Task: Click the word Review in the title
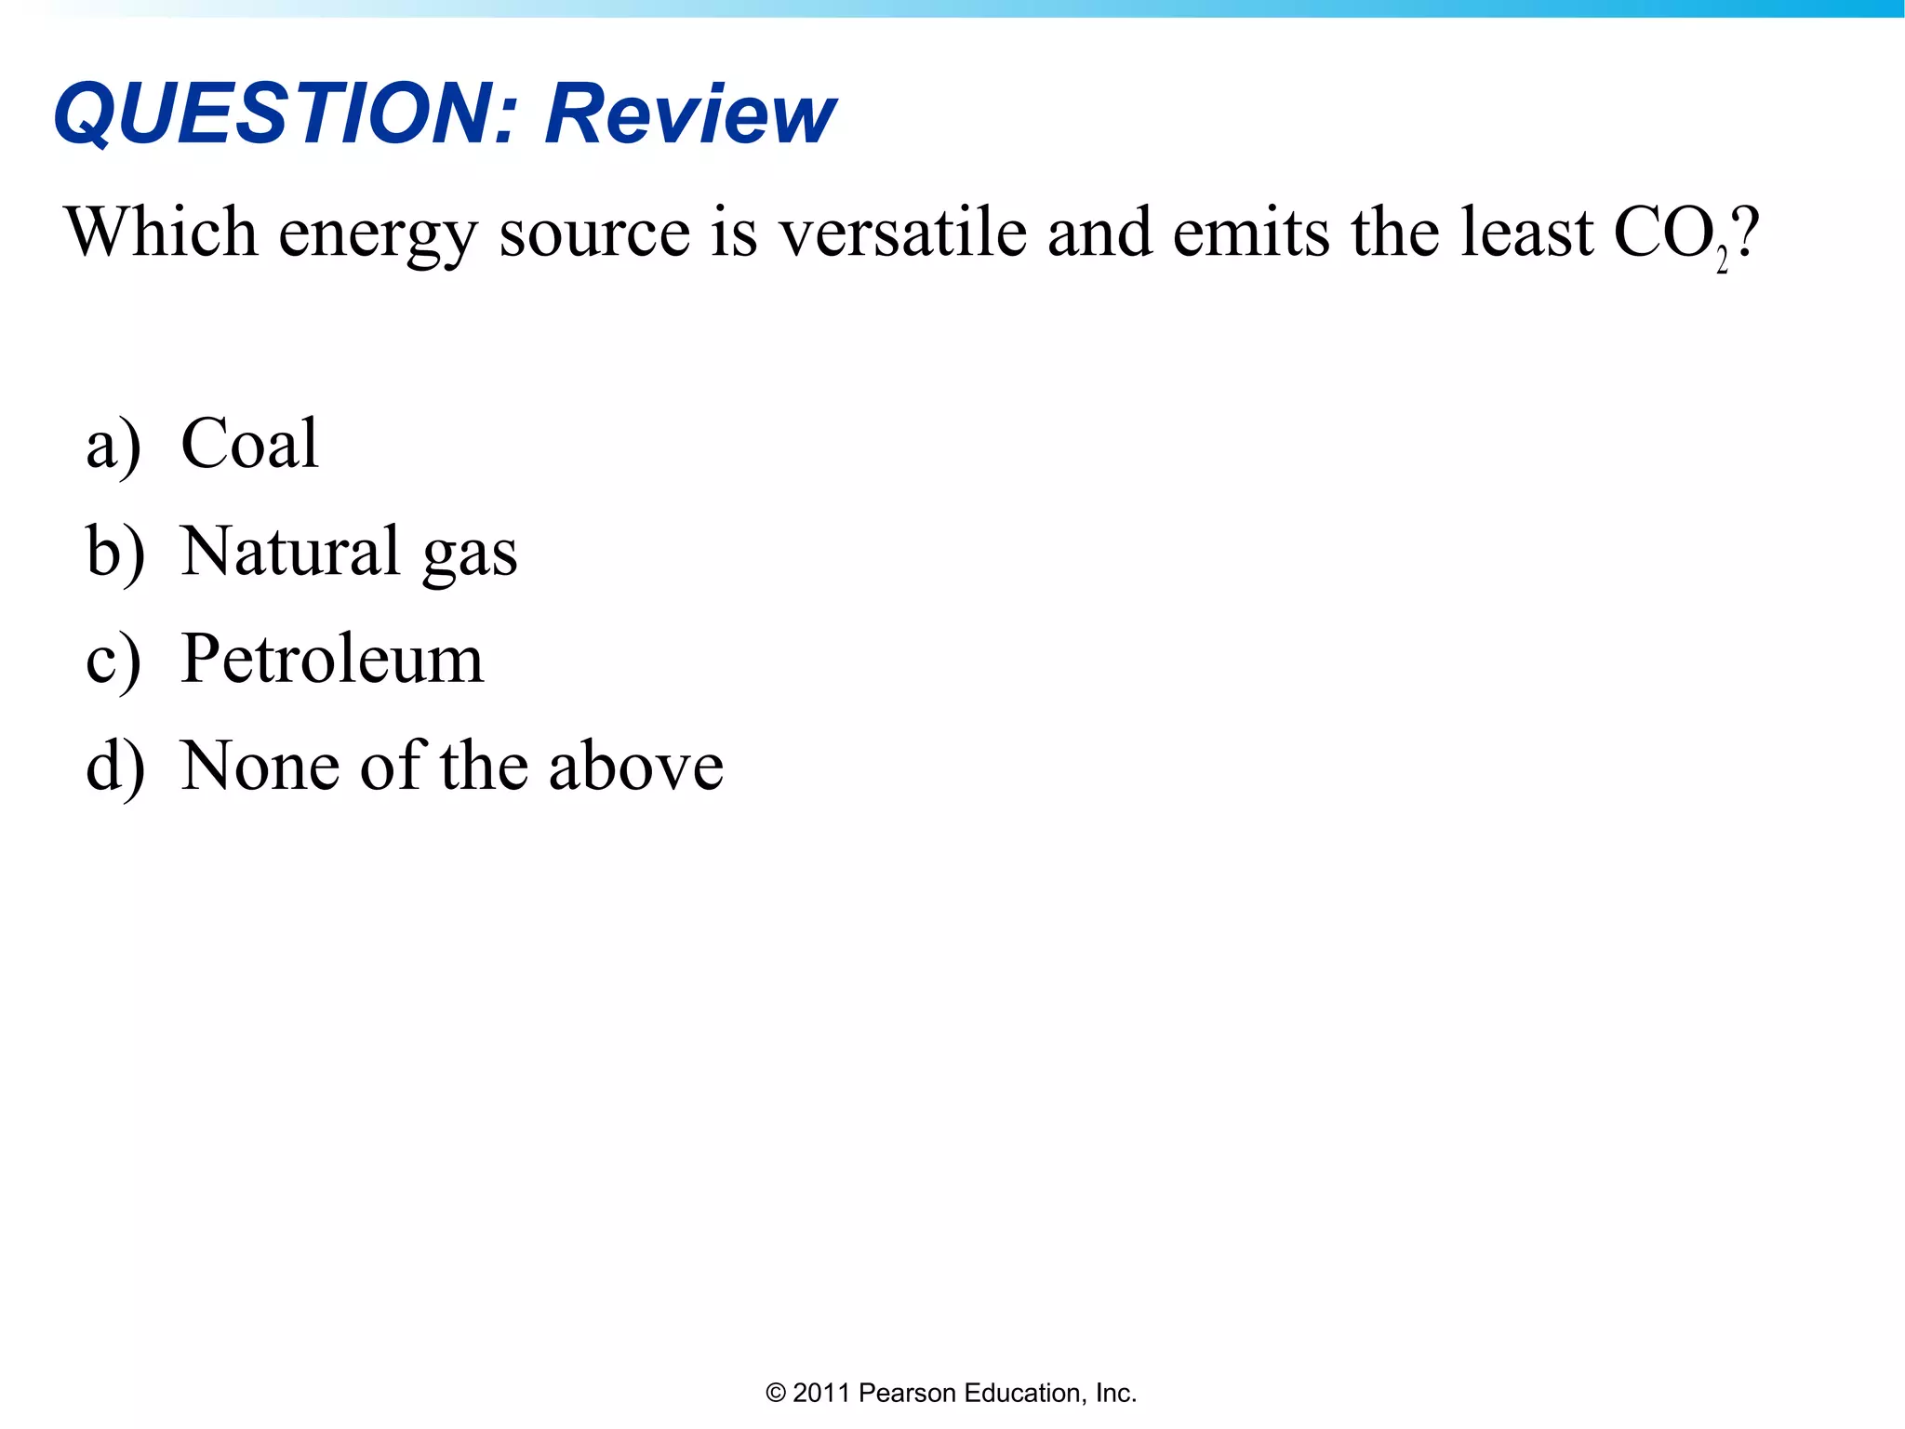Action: coord(690,114)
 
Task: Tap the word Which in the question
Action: coord(161,232)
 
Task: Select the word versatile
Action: coord(901,232)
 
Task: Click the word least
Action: coord(1526,232)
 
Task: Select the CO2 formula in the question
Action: coord(1670,234)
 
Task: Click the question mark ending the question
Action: coord(1747,232)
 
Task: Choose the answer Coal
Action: coord(249,444)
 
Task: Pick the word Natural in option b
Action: coord(290,551)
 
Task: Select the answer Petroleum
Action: coord(332,659)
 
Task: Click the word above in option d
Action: coord(635,766)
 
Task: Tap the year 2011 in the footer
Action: coord(821,1393)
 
